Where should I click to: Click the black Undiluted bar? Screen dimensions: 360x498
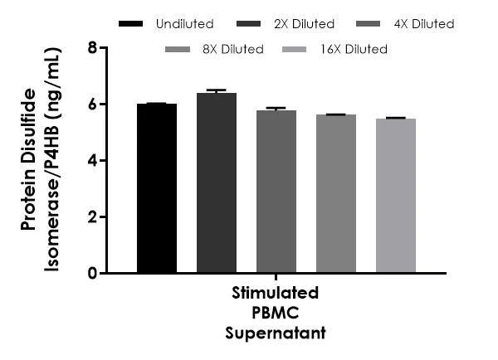pyautogui.click(x=157, y=188)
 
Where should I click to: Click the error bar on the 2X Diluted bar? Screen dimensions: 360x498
pyautogui.click(x=217, y=90)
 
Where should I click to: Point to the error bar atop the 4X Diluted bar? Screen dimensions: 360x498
pyautogui.click(x=276, y=109)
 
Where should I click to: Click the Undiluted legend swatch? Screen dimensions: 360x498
pyautogui.click(x=131, y=24)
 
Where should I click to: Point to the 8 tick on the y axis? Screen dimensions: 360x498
pyautogui.click(x=91, y=48)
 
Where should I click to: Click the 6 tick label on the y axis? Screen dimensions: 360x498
pyautogui.click(x=91, y=105)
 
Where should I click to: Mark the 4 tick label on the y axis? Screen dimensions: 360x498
pyautogui.click(x=91, y=161)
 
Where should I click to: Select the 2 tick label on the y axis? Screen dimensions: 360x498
pyautogui.click(x=91, y=217)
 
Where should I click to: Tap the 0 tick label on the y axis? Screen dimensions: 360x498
pyautogui.click(x=91, y=274)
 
